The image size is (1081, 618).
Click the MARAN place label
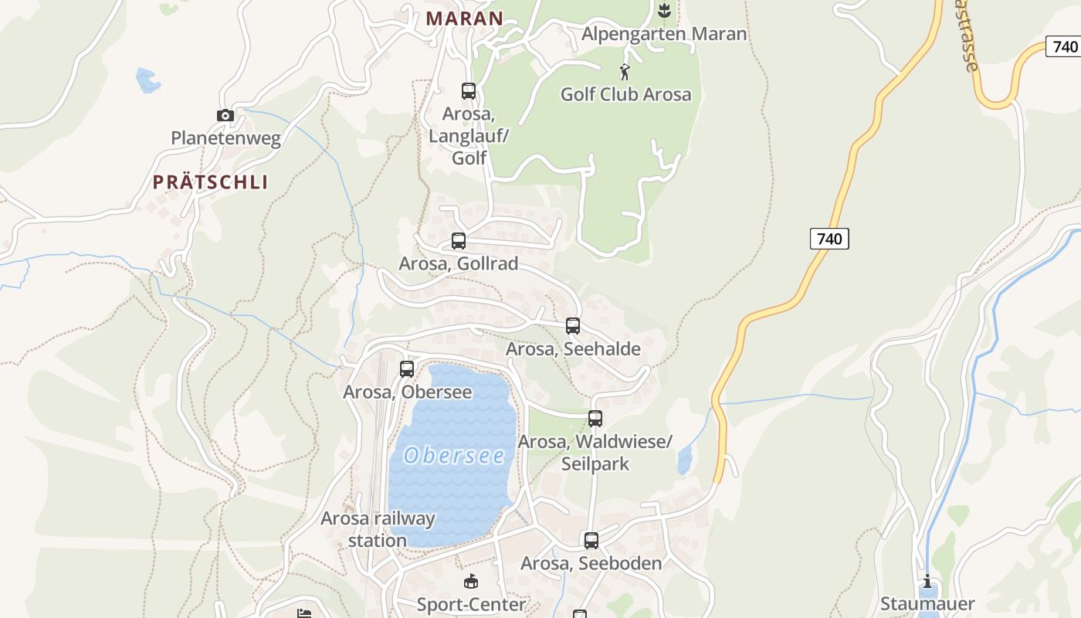coord(465,18)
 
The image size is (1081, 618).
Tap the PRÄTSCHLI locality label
coord(210,182)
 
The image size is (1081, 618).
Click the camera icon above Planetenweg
coord(225,116)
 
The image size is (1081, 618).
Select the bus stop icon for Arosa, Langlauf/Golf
coord(469,91)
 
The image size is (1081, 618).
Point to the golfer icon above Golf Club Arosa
coord(625,73)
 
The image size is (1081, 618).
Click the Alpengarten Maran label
coord(664,34)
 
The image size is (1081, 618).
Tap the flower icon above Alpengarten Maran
coord(663,10)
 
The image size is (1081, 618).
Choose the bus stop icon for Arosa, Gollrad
coord(459,241)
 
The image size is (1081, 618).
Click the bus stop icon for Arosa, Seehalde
coord(573,326)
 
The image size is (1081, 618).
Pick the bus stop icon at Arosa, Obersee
coord(407,369)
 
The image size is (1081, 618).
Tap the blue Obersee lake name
coord(454,456)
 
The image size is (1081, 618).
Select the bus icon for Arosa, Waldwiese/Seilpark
coord(595,419)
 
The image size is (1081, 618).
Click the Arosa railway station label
coord(378,529)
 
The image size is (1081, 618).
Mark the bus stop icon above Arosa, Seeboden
coord(591,541)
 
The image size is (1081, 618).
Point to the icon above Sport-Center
coord(471,582)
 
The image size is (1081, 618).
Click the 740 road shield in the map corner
coord(1065,46)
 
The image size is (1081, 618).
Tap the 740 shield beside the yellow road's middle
coord(829,239)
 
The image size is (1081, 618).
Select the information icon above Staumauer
coord(927,582)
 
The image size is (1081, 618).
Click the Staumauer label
coord(927,603)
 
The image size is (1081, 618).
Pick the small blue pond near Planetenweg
coord(147,80)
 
